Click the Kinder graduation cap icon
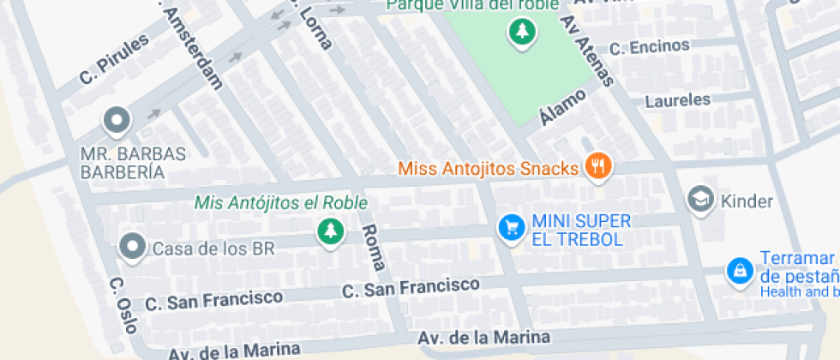coord(701,200)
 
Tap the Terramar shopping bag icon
coord(737,271)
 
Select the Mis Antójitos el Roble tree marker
coord(329,231)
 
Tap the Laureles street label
coord(678,100)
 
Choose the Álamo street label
coord(562,105)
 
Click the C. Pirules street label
coord(114,58)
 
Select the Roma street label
coord(372,247)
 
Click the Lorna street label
coord(314,26)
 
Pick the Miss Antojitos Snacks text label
coord(489,168)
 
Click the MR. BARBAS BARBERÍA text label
coord(133,163)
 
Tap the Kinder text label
coord(747,202)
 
